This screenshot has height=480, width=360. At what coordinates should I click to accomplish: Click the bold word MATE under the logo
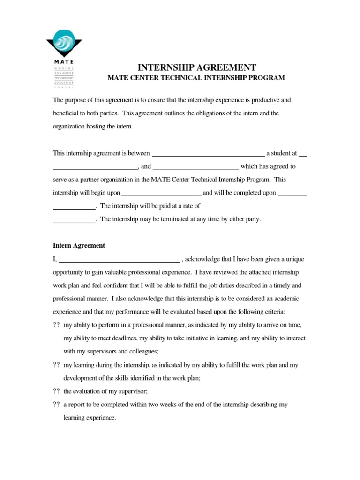coord(60,61)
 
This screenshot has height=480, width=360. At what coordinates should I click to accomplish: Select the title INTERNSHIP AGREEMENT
coord(196,67)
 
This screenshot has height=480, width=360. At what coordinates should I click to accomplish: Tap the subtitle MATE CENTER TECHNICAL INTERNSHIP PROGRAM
coord(196,78)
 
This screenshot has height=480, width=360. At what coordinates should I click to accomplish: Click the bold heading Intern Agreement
coord(79,245)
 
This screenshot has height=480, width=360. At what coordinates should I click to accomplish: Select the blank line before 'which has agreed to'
coord(196,167)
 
